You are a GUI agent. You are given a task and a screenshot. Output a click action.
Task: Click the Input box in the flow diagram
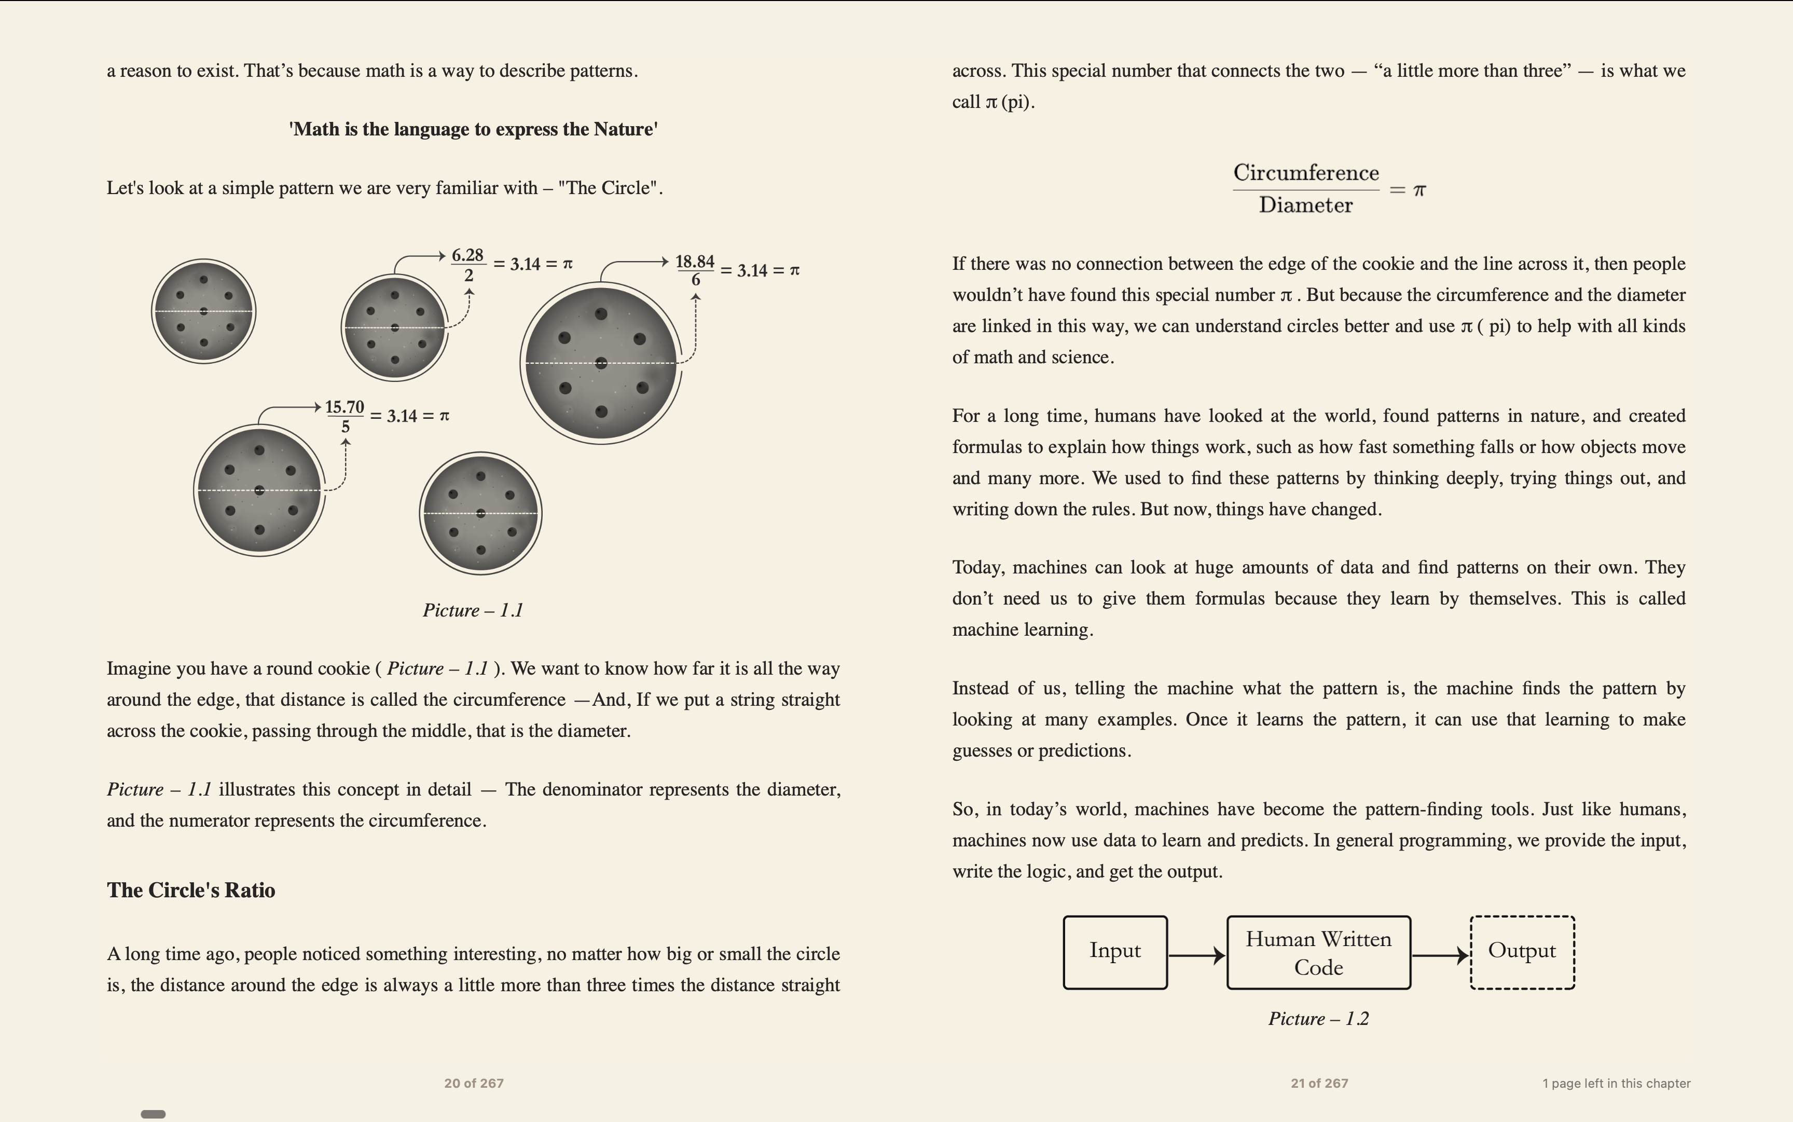pos(1114,952)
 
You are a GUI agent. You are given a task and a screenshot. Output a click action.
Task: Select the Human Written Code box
pos(1318,953)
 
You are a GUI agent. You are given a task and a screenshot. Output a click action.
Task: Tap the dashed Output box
pos(1522,952)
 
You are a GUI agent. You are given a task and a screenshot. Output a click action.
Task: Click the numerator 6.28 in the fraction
pos(468,255)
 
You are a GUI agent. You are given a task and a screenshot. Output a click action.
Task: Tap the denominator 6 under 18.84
pos(696,280)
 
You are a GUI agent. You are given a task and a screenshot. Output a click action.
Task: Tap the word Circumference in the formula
pos(1306,173)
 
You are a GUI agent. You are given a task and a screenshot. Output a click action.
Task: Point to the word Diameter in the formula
pos(1306,206)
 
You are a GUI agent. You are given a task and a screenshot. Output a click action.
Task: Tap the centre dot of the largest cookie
pos(601,363)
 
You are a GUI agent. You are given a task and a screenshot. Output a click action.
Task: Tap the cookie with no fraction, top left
pos(203,311)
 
